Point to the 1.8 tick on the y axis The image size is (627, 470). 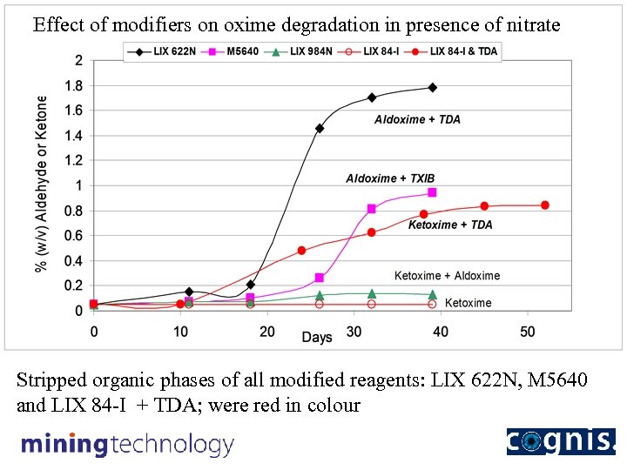78,85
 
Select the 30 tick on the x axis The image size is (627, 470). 354,332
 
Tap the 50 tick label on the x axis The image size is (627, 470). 528,332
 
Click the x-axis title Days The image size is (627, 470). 317,337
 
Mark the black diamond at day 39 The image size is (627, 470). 432,88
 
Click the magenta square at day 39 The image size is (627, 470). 432,192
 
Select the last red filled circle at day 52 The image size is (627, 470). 545,205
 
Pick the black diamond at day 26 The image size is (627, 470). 320,128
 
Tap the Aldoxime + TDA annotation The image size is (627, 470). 417,119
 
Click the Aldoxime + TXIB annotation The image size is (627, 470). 389,178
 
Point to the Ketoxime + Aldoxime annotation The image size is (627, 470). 447,276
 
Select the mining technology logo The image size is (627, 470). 128,445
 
